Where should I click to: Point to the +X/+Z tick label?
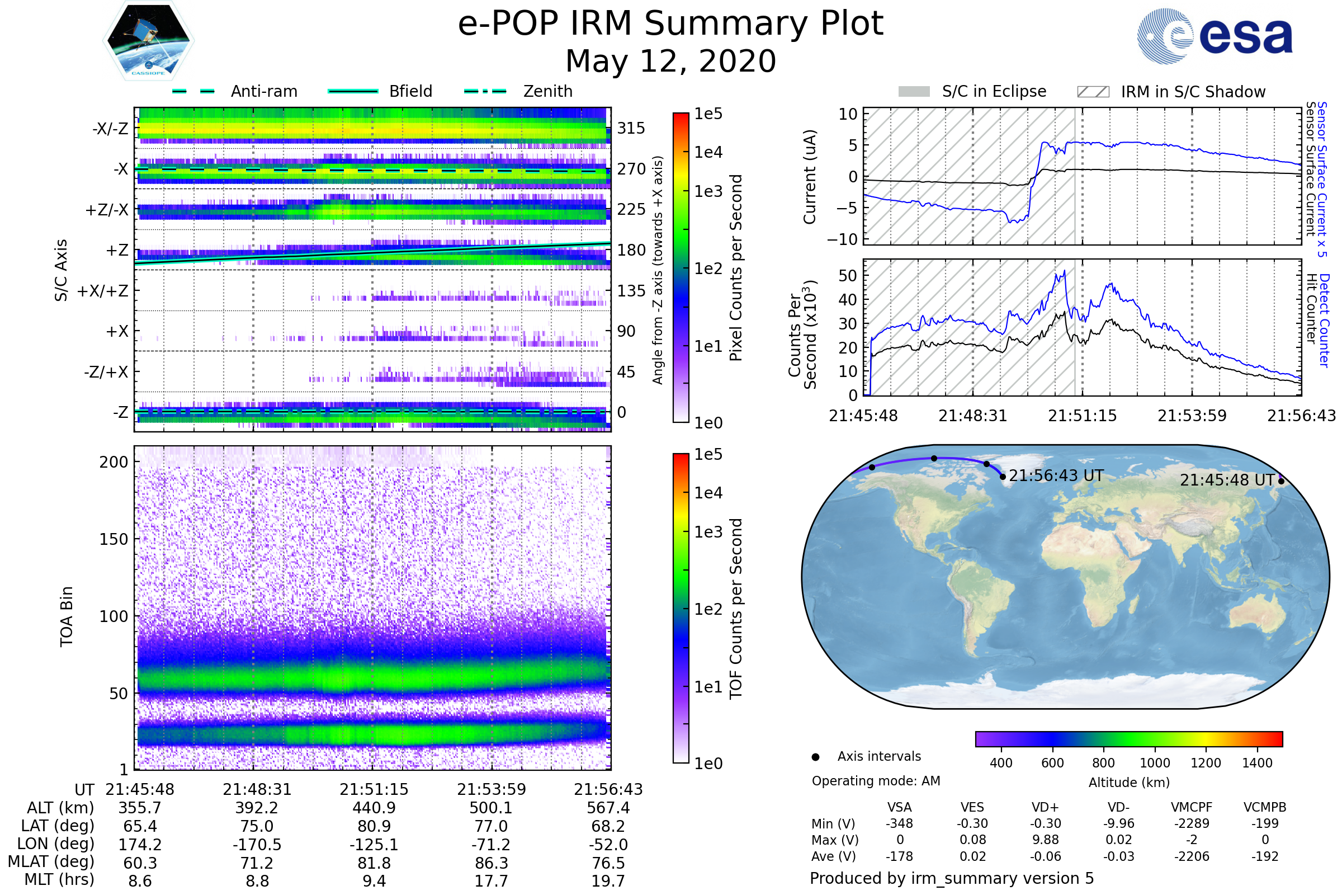103,291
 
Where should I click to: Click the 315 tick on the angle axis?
631,129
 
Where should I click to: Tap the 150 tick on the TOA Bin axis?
114,539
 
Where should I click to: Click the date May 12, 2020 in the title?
670,61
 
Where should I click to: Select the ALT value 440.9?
374,808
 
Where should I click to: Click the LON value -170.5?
257,845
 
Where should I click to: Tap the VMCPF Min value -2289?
1192,823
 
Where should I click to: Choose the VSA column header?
899,808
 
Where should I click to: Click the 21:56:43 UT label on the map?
1056,476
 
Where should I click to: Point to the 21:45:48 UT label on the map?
1227,481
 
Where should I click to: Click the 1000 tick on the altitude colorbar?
1155,763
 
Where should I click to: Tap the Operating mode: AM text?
876,781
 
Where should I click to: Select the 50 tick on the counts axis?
848,276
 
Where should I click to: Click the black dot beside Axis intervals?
815,757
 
